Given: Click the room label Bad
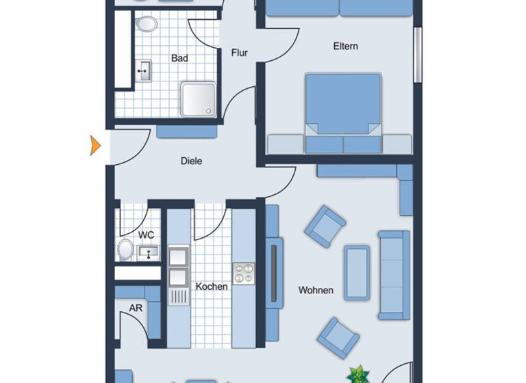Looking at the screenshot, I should pos(179,59).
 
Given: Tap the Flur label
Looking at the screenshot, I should pos(239,52).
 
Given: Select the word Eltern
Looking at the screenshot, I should pos(346,47).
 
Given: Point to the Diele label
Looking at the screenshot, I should pos(192,161).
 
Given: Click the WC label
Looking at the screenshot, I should pos(147,235).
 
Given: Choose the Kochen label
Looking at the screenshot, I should pos(212,287).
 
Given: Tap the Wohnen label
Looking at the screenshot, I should pos(316,290).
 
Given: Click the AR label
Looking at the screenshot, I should pos(136,308).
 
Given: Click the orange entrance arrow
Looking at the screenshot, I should pos(96,145).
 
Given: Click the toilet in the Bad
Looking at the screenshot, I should pos(146,25).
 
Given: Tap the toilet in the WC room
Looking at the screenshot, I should pos(125,250).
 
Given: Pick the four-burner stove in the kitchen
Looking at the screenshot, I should pos(243,274).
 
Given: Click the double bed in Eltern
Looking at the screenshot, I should pos(342,109).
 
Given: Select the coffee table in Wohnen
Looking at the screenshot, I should pos(357,272).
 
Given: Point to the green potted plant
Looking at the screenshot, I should pos(358,375).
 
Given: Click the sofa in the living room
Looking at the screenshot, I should pos(394,275).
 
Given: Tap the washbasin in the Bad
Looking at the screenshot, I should pos(145,70).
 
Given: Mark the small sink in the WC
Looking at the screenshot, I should pos(148,253).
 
